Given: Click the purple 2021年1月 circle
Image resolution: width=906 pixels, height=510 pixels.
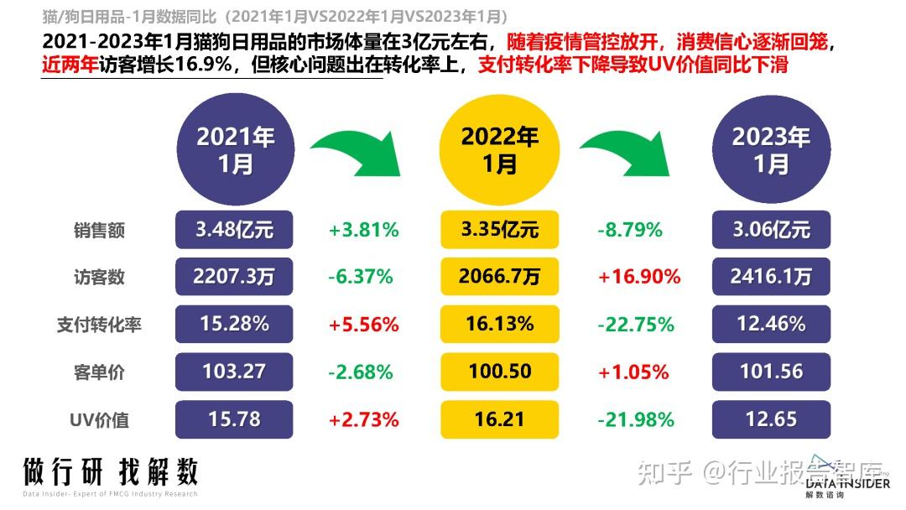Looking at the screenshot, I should pos(235,149).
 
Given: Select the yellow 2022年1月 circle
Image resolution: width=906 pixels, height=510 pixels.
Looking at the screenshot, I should pos(500,149).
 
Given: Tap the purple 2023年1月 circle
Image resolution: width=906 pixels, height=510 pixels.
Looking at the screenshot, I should pos(770,149).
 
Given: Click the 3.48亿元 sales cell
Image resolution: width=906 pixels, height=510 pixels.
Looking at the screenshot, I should pos(234,229).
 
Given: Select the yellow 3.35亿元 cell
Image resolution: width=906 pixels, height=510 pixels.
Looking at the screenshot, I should pos(500,229).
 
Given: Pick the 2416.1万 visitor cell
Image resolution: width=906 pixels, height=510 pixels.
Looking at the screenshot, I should pos(770,276).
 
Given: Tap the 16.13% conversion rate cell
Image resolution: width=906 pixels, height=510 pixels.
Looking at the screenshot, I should pos(500,324).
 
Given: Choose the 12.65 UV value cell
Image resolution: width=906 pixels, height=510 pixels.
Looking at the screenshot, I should pos(770,419).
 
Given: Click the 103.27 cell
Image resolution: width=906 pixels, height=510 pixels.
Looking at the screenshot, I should pos(234,371).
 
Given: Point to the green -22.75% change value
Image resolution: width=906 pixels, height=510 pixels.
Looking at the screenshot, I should pos(636,324).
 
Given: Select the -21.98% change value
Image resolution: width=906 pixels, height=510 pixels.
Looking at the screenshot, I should pos(636,419).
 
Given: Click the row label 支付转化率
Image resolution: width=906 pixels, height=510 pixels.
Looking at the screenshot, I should pos(99,325).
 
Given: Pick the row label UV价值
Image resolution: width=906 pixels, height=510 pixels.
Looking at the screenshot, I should pos(99,419).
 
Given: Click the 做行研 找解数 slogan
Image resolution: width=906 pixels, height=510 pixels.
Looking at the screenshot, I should pos(110,472).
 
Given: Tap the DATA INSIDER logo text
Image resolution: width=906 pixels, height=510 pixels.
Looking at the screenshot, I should pos(847,482).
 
